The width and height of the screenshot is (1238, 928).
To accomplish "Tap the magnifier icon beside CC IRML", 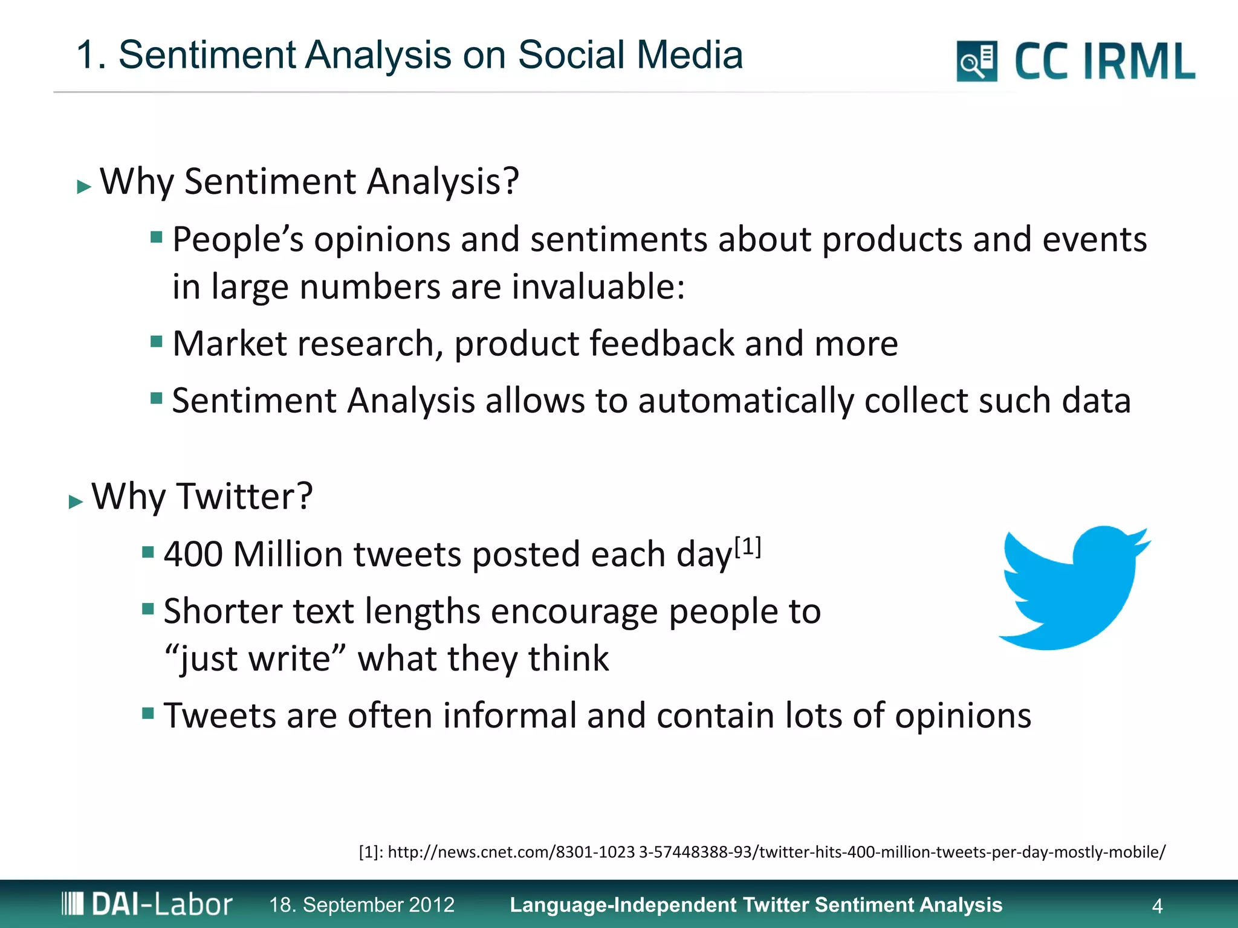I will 976,61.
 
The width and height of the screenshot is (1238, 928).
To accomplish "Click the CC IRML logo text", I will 1104,62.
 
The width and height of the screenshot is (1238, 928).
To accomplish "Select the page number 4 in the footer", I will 1157,906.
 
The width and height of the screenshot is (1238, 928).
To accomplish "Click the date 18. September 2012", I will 361,904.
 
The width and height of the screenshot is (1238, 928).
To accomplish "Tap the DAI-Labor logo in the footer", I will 147,904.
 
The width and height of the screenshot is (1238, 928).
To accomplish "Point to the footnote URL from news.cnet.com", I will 762,852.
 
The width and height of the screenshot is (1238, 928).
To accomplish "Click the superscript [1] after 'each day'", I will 748,547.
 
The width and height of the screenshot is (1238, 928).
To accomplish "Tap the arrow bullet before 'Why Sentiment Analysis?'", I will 84,187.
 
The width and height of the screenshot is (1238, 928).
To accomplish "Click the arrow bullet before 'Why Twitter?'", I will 76,501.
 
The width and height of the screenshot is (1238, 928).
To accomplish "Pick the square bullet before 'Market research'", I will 157,343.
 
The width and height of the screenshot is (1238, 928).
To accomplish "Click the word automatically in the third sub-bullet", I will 746,401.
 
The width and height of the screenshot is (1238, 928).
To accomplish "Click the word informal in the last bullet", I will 510,716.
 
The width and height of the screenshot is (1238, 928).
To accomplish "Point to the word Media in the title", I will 689,55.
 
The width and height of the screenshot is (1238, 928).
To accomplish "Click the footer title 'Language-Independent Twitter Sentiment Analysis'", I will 756,904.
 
